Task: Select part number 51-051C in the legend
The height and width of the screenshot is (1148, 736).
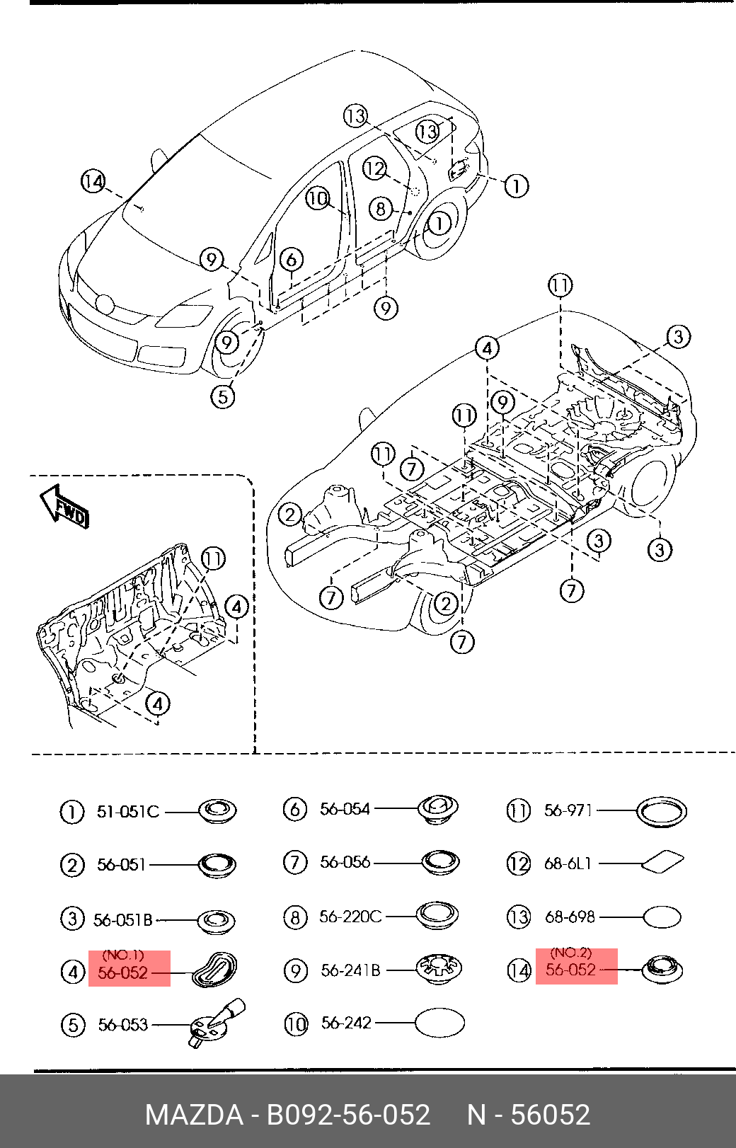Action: click(127, 811)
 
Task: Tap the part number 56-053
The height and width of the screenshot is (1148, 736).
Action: click(122, 1024)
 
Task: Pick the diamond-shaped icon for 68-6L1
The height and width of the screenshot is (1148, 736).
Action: click(662, 861)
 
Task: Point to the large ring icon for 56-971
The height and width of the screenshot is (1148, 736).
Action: click(662, 811)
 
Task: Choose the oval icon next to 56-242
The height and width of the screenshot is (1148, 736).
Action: click(439, 1023)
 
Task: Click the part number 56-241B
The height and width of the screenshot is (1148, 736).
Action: click(350, 970)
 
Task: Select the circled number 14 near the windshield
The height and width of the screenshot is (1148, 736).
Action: click(93, 182)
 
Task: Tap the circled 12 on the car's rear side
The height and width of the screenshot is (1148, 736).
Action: click(374, 168)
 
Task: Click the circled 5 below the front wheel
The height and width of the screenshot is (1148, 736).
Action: click(223, 396)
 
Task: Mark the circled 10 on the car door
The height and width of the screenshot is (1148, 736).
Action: click(318, 198)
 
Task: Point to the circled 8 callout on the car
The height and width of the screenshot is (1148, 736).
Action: click(381, 208)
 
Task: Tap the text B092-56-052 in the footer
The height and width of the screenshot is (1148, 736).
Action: click(347, 1115)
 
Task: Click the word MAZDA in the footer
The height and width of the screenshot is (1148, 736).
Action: click(193, 1115)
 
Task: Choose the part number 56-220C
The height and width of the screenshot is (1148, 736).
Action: click(350, 917)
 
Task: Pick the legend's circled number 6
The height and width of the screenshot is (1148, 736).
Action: click(294, 809)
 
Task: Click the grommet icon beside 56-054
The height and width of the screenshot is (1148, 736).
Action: click(438, 808)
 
